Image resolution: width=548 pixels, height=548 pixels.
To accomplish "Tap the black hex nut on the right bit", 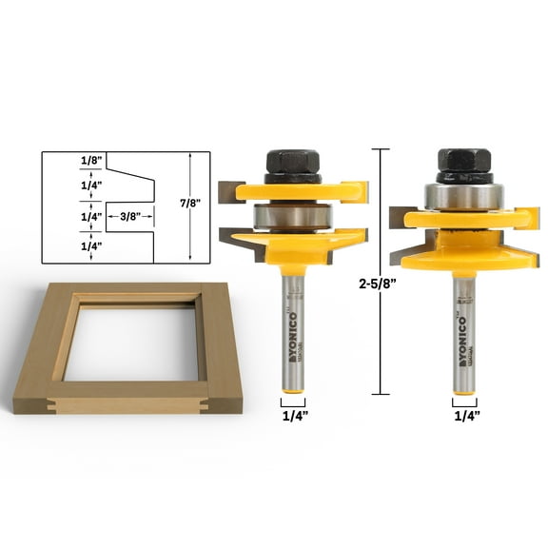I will click(x=464, y=166).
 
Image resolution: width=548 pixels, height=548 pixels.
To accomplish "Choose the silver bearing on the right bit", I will click(x=464, y=195).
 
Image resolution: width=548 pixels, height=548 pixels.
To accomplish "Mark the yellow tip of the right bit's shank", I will click(x=464, y=385).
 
